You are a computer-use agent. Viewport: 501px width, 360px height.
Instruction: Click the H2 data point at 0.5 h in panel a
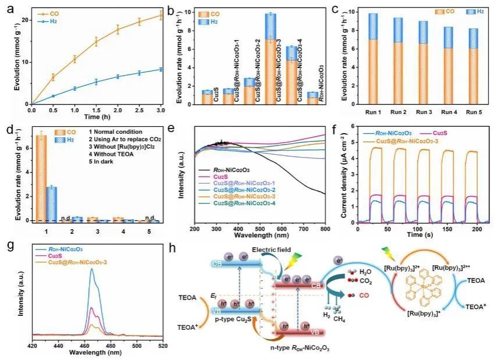tap(54, 96)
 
